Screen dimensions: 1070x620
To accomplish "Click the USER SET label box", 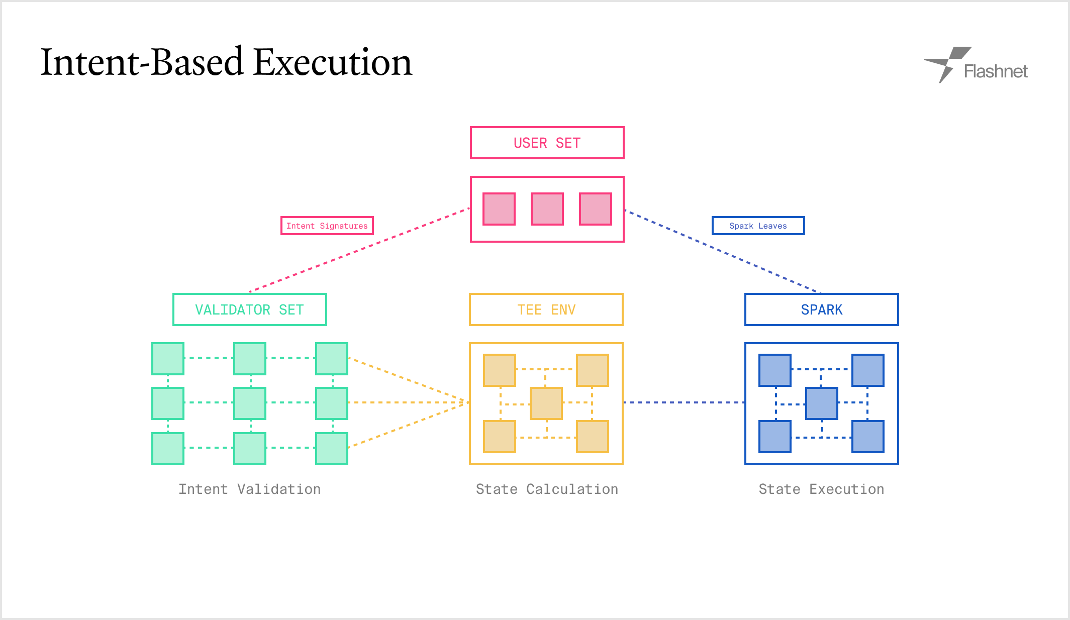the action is point(547,143).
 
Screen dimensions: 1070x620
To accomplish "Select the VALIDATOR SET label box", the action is point(250,309).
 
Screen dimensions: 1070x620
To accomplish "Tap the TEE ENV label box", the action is point(546,309).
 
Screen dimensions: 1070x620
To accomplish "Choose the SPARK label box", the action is point(822,309).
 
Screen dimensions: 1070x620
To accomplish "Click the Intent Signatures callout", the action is point(327,226).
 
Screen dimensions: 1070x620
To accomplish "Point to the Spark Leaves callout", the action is point(758,226).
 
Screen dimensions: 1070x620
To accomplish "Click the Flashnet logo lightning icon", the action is point(947,65).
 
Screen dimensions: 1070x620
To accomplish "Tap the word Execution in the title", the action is point(333,62).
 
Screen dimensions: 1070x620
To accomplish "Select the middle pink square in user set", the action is point(547,209).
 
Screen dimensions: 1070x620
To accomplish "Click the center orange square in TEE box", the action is point(546,403).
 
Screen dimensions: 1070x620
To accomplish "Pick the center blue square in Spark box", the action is point(822,403).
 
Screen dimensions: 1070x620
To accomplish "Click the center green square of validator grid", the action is point(250,403).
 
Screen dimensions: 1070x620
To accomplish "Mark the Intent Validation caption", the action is point(250,489).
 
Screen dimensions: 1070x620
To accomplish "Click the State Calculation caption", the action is point(547,489).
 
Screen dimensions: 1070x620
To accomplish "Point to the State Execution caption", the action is point(822,489).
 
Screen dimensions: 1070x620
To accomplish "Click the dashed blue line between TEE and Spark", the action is point(684,402).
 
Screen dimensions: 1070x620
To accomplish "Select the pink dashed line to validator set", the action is point(360,250).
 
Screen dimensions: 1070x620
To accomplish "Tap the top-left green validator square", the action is point(168,359).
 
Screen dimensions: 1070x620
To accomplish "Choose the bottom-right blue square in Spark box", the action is point(868,437).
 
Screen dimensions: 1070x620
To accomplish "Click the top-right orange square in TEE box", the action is point(593,370).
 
